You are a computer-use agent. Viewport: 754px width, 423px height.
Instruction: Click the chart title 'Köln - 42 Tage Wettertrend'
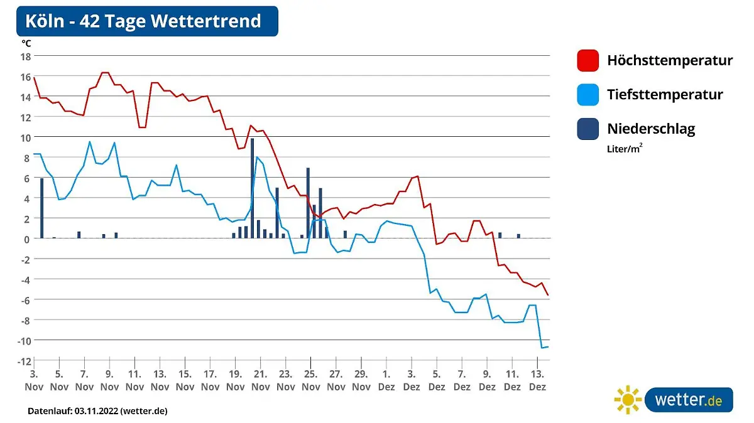click(143, 21)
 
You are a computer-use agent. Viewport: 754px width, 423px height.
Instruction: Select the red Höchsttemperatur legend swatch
click(588, 61)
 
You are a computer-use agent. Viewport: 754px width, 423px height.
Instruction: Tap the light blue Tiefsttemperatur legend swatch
click(588, 95)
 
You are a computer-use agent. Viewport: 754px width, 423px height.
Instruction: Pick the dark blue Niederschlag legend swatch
click(588, 129)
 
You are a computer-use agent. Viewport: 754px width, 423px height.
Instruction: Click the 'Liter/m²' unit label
click(625, 149)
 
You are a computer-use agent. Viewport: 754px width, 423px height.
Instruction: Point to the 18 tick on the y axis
click(26, 56)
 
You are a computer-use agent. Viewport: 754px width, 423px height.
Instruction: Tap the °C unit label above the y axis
click(26, 43)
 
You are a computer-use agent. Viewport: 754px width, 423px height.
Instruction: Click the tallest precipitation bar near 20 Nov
click(252, 188)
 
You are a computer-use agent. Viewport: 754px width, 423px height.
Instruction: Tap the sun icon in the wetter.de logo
click(628, 400)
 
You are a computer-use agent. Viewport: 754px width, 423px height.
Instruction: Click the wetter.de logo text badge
click(688, 400)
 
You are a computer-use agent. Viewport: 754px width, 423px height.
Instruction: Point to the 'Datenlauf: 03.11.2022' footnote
click(97, 411)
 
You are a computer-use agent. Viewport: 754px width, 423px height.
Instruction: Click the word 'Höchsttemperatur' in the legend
click(670, 61)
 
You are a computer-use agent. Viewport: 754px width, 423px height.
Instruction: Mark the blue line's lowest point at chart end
click(542, 347)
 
